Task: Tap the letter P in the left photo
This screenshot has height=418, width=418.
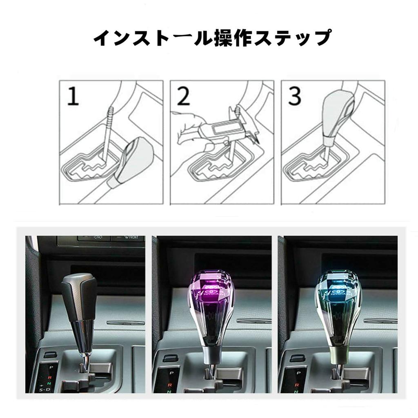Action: [x=51, y=367]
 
